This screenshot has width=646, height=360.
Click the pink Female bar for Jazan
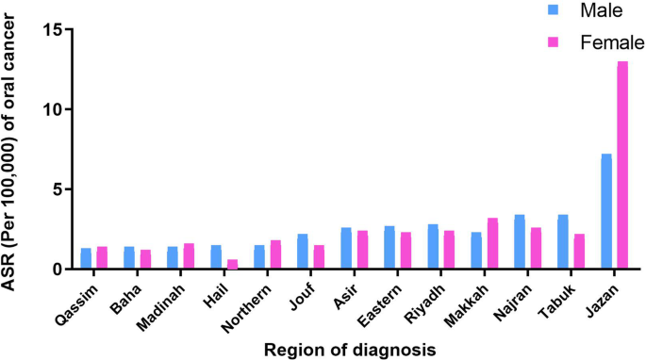coord(622,165)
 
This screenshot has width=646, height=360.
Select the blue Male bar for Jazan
coord(606,211)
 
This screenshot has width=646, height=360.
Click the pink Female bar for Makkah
coord(492,243)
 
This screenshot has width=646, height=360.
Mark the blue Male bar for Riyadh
coord(433,246)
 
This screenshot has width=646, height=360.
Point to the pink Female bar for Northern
coord(275,254)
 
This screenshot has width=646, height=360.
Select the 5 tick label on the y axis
coord(58,189)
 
